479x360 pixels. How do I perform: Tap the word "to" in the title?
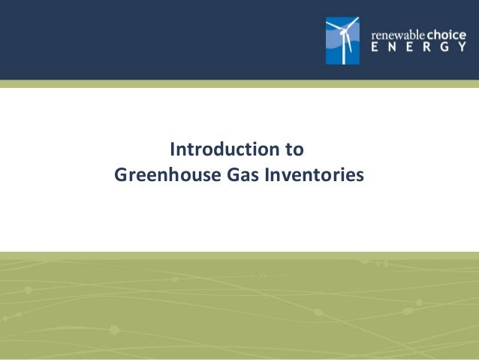(x=295, y=149)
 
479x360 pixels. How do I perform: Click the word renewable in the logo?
(x=398, y=34)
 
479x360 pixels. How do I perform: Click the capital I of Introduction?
(x=174, y=149)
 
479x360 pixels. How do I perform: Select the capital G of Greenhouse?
(x=121, y=175)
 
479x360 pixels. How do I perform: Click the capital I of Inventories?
(x=270, y=175)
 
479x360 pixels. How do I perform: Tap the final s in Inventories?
(x=359, y=176)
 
